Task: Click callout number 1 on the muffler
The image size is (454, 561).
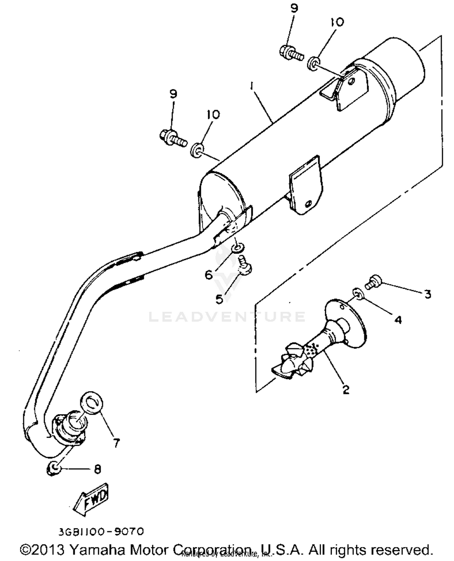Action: click(251, 87)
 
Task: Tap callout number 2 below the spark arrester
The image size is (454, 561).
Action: click(346, 389)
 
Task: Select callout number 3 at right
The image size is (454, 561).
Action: click(427, 293)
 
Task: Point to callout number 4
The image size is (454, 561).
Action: click(398, 319)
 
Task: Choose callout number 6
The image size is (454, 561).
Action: click(209, 274)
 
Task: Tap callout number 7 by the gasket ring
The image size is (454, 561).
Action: click(116, 443)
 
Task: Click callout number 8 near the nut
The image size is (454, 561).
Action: click(97, 469)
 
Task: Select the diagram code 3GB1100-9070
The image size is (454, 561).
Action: click(101, 532)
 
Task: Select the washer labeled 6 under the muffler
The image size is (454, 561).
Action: click(237, 248)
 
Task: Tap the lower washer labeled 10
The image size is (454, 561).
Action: click(197, 150)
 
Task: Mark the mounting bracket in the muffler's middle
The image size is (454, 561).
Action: click(305, 187)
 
